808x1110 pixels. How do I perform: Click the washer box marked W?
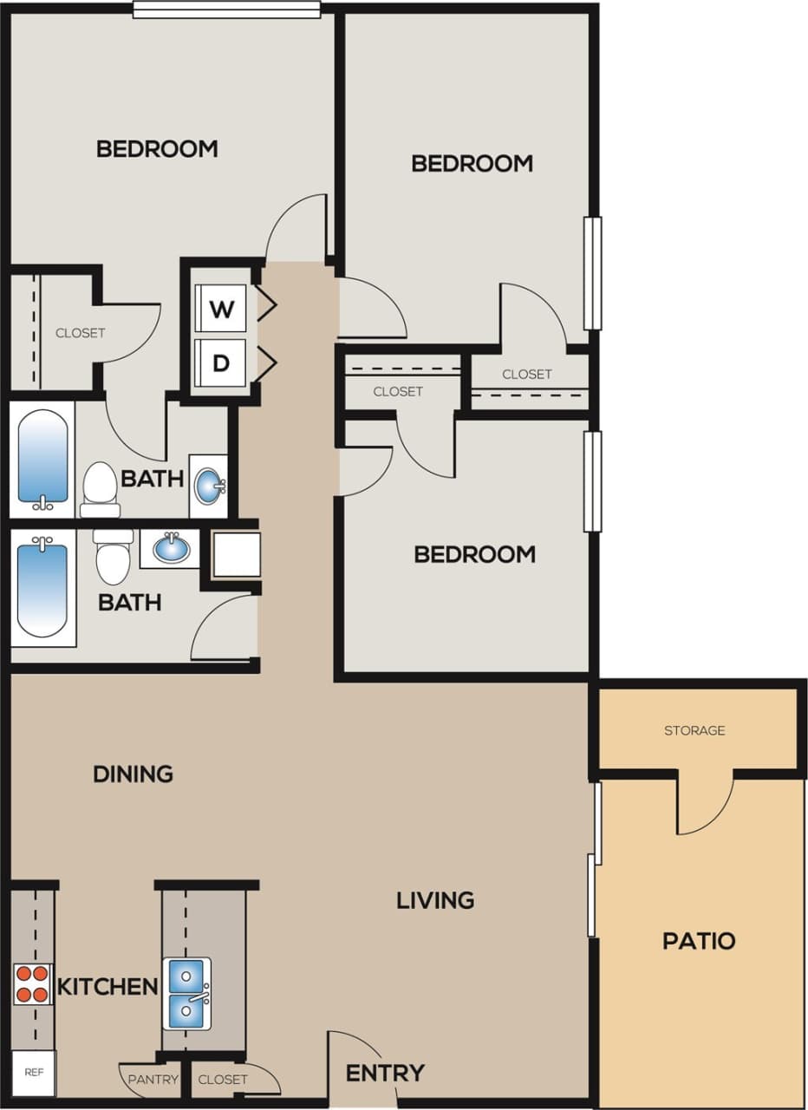(x=221, y=309)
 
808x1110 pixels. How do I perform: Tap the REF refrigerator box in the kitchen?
(x=34, y=1073)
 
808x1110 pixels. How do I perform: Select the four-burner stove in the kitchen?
(x=32, y=984)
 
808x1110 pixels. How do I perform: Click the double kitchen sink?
(x=187, y=993)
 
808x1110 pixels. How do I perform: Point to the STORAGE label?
(x=694, y=730)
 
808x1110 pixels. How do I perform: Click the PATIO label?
(x=699, y=941)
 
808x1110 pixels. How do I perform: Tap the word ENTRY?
(x=385, y=1073)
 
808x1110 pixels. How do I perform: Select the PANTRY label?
(x=153, y=1080)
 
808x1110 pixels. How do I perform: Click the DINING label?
(x=134, y=773)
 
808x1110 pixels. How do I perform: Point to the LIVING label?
(x=435, y=900)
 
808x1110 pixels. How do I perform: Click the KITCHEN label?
(x=108, y=986)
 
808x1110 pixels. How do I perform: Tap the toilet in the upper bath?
(x=99, y=488)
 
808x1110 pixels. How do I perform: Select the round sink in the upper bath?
(x=209, y=486)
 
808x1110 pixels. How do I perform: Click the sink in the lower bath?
(x=170, y=548)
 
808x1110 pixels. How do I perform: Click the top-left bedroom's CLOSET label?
(x=81, y=333)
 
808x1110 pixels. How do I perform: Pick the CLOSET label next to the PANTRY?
(x=223, y=1080)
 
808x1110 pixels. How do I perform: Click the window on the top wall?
(x=226, y=10)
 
